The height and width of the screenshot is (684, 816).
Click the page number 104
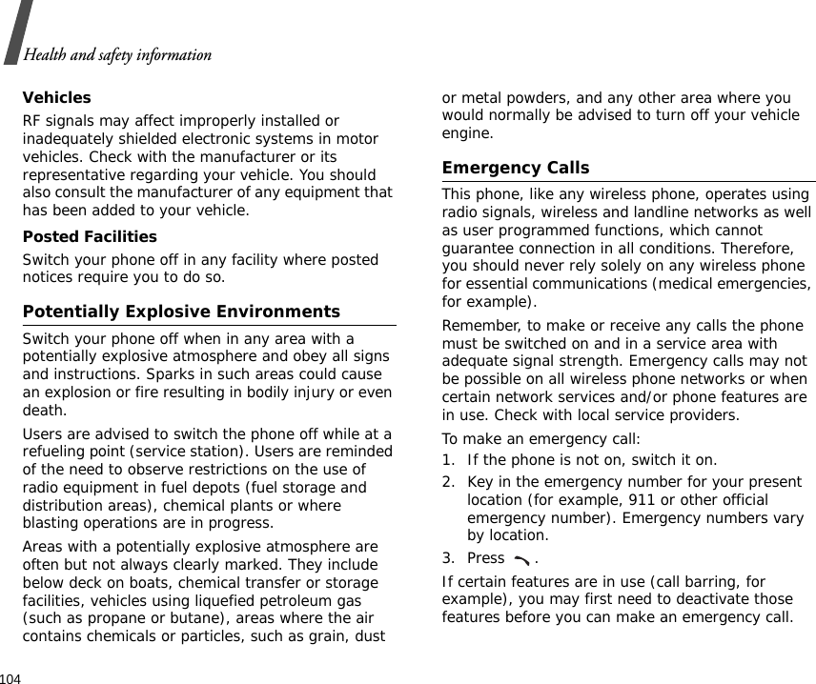[x=11, y=677]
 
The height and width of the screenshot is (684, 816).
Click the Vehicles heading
[x=56, y=98]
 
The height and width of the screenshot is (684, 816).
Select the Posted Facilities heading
[x=90, y=236]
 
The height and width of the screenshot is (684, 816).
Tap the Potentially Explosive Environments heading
[x=181, y=312]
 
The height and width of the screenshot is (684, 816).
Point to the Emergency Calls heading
[x=516, y=168]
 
